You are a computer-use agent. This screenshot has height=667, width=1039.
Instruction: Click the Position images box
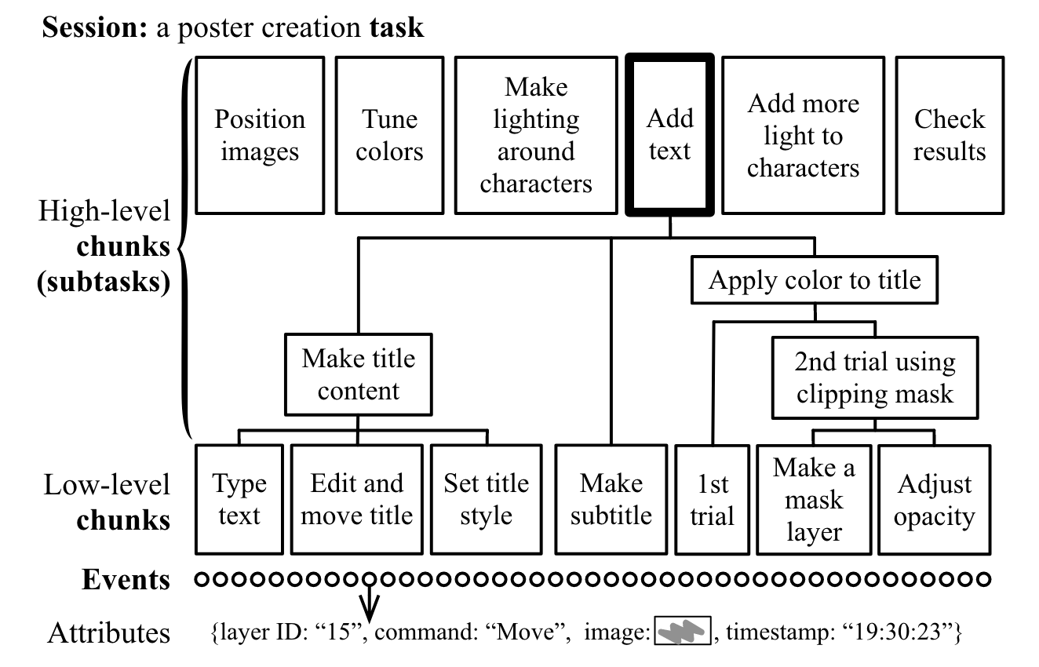tap(260, 135)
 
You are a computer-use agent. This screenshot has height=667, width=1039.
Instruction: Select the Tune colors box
tap(389, 135)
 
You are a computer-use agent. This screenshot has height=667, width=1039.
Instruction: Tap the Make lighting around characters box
tap(536, 135)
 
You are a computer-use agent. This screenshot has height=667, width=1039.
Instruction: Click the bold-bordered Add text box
tap(669, 135)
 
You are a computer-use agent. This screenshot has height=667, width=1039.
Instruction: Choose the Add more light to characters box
tap(803, 135)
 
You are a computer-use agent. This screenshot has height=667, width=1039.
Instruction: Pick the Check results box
tap(950, 135)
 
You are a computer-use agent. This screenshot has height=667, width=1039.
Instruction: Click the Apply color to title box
tap(814, 281)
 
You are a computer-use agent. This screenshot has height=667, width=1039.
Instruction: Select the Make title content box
tap(358, 374)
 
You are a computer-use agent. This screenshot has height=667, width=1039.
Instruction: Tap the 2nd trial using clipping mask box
tap(874, 377)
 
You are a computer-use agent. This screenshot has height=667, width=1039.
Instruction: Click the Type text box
tap(239, 499)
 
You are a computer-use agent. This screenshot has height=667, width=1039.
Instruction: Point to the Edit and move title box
tap(357, 499)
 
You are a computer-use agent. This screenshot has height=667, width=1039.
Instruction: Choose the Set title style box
tap(486, 499)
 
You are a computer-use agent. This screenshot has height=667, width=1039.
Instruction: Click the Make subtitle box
tap(611, 499)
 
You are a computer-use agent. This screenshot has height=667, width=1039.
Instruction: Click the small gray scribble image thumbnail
tap(683, 630)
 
